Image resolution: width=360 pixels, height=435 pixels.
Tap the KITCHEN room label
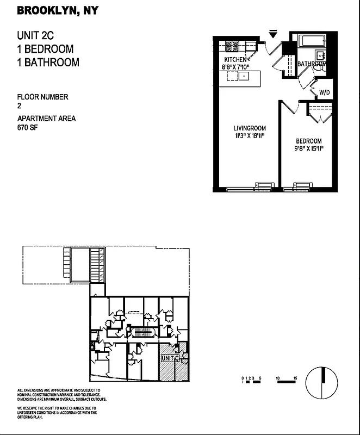236,59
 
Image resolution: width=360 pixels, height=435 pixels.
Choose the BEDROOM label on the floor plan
309,140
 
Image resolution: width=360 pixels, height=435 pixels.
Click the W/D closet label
325,92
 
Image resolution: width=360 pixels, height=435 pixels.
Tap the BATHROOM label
312,64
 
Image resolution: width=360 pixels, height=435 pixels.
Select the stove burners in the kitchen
232,46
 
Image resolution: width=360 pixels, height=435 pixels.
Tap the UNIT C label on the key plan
170,358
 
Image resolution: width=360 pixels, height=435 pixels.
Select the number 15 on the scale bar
294,377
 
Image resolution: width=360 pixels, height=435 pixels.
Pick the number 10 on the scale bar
278,377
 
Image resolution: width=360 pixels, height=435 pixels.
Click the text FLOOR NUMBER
43,97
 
